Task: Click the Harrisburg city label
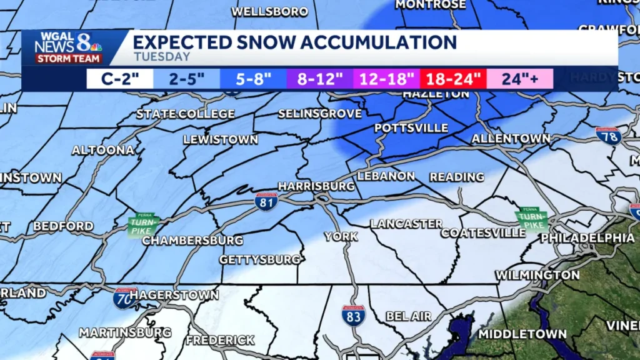[316, 186]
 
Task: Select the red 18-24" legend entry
[453, 79]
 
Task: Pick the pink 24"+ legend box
[519, 79]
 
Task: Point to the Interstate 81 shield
[266, 201]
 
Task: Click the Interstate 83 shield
[353, 315]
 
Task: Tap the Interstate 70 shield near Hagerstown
[125, 298]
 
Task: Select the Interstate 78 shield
[608, 136]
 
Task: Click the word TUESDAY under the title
[162, 57]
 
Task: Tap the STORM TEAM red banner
[68, 59]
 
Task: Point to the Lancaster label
[406, 223]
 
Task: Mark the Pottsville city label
[411, 128]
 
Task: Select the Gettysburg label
[259, 259]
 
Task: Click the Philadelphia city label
[587, 238]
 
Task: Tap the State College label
[186, 114]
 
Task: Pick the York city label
[341, 236]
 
